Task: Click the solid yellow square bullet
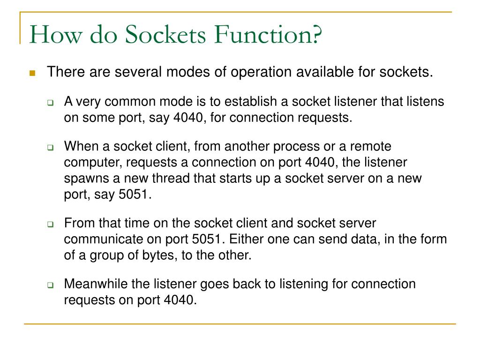[x=32, y=73]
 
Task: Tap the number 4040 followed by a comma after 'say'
[x=189, y=117]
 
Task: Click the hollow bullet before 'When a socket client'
[x=51, y=148]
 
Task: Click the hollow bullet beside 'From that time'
[x=51, y=225]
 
